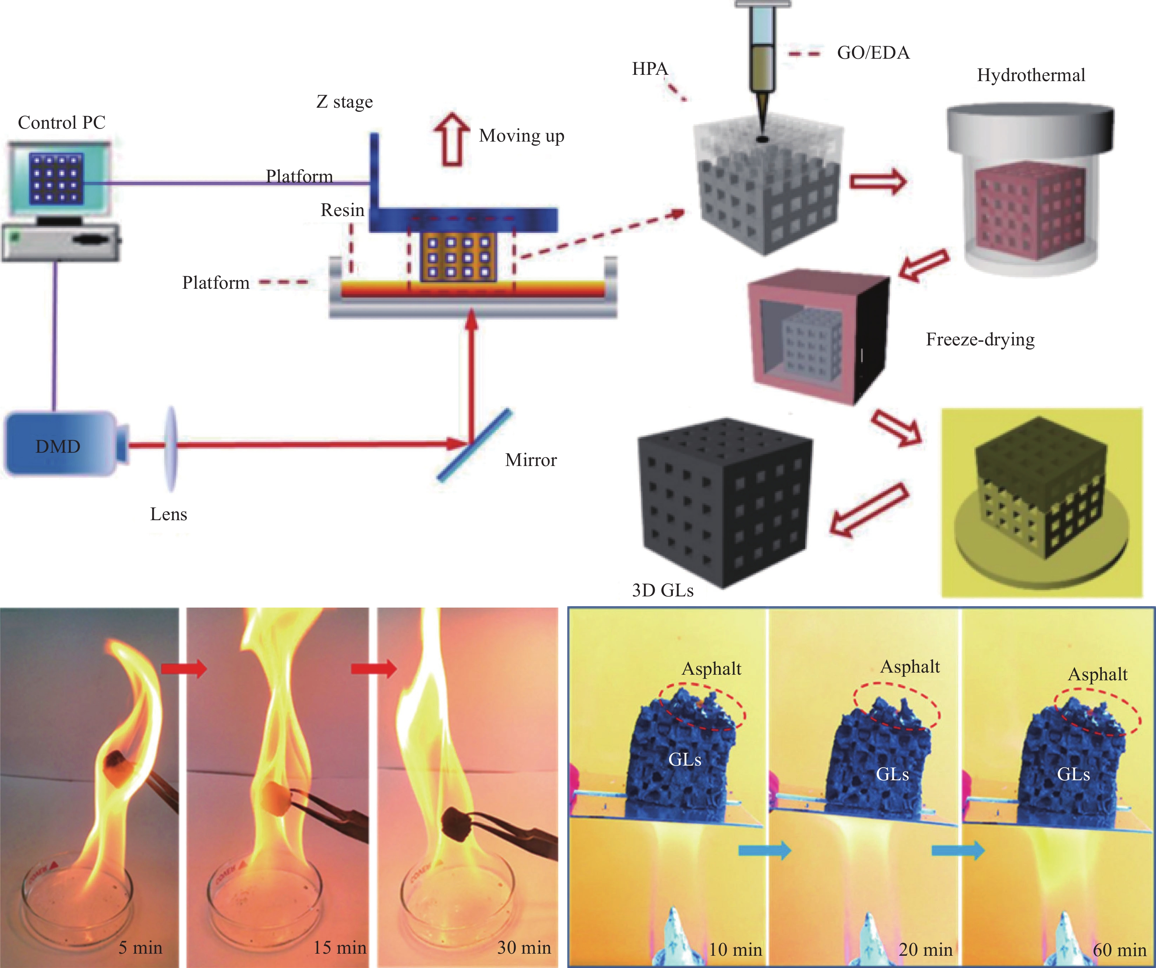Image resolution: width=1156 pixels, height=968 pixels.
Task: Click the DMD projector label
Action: click(58, 446)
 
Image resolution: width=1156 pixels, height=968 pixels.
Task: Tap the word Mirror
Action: click(531, 460)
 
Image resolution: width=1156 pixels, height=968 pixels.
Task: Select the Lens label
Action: click(168, 514)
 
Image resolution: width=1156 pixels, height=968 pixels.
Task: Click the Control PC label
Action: click(62, 122)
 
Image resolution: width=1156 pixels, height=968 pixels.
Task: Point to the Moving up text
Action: click(521, 135)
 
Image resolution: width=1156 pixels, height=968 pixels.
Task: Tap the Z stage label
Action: click(345, 102)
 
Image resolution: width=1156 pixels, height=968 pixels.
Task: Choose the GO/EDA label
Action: click(873, 53)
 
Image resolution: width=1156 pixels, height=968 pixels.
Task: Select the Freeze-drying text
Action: click(980, 339)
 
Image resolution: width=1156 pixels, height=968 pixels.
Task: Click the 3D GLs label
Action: click(663, 590)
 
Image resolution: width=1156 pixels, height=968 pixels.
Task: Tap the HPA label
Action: click(649, 69)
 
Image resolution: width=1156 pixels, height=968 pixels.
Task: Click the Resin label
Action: click(343, 210)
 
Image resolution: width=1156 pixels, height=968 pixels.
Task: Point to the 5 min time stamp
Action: click(141, 947)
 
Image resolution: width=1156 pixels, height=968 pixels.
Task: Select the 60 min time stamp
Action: click(1119, 949)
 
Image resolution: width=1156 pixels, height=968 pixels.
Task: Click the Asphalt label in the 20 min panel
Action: click(910, 667)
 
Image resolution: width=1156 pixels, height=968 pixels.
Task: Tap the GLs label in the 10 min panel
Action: click(685, 759)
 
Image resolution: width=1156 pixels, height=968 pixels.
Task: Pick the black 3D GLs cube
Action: click(724, 504)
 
